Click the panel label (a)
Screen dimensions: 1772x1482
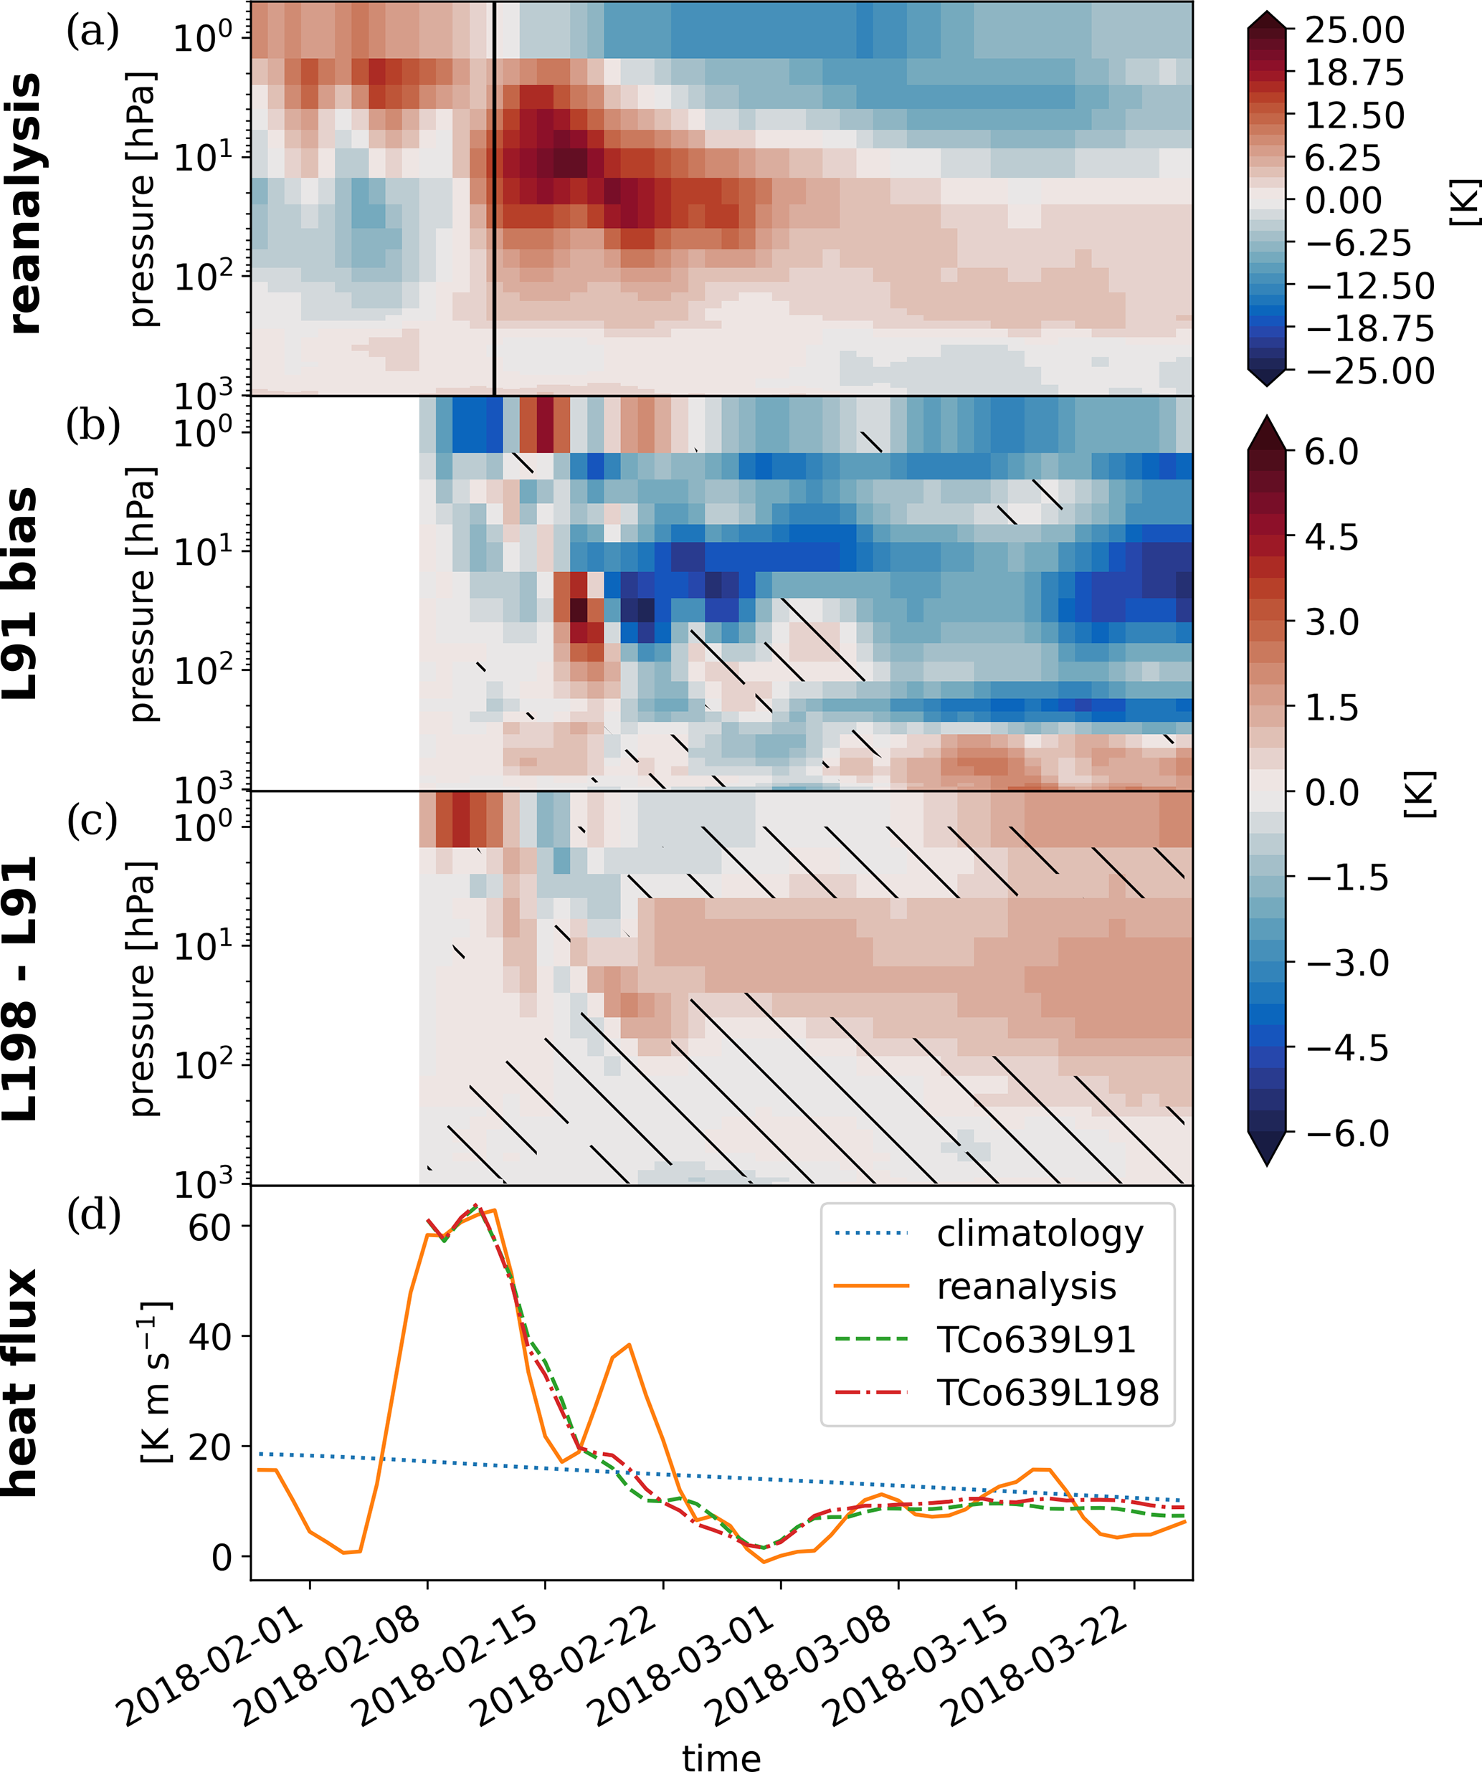(92, 32)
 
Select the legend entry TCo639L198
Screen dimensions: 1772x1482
(1048, 1392)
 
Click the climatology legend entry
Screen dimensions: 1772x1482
(1040, 1234)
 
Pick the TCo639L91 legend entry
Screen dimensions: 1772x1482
(1035, 1339)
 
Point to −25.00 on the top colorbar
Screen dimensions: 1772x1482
(1369, 371)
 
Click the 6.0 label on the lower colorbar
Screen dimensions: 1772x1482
(1331, 452)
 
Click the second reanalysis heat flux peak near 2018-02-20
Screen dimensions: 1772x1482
(630, 1344)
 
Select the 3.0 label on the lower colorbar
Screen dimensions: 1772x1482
(1331, 623)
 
